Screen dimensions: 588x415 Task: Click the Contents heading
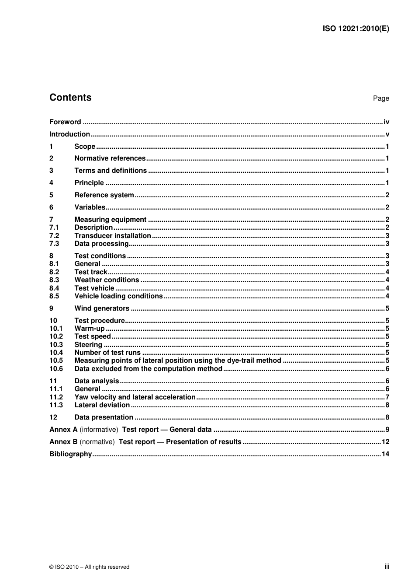coord(70,98)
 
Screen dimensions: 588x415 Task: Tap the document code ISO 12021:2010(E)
coord(356,29)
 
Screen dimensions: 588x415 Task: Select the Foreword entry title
coord(65,122)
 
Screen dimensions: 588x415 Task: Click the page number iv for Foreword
coord(386,122)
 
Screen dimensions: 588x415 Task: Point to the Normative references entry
coord(110,158)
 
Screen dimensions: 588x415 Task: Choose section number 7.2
coord(54,235)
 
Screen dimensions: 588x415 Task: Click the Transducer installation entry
coord(113,235)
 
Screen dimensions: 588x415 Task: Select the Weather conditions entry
coord(107,280)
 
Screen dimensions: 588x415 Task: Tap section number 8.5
coord(54,296)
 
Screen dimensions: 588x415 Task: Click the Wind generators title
coord(102,308)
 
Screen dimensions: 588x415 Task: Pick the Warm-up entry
coord(90,329)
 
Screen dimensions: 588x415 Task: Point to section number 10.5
coord(56,360)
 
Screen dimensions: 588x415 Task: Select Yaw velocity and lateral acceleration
coord(135,397)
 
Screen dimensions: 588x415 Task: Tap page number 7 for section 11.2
coord(387,397)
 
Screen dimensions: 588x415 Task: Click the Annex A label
coord(63,430)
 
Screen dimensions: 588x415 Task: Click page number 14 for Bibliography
coord(385,454)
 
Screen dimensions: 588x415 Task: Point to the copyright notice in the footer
coord(89,567)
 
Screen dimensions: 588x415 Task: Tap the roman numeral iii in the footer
coord(387,567)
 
